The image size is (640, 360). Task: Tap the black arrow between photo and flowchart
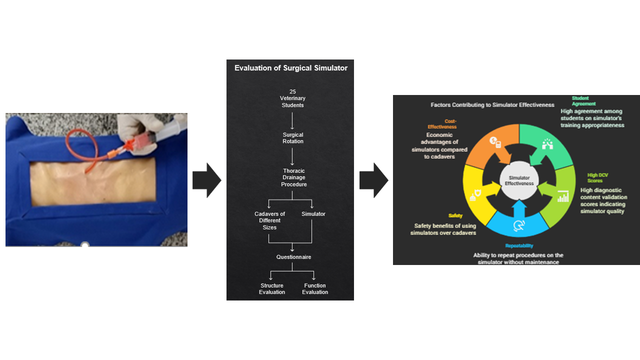tap(206, 180)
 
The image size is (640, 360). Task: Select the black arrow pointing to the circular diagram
tap(373, 180)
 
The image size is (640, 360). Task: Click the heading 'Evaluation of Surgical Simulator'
tap(290, 68)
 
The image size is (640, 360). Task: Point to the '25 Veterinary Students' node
tap(292, 98)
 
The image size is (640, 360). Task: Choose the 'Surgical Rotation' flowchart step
tap(292, 138)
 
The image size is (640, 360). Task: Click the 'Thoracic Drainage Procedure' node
tap(293, 177)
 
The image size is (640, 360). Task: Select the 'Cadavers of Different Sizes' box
tap(269, 220)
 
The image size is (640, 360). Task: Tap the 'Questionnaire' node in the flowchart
tap(293, 257)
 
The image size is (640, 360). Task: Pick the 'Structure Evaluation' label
tap(272, 289)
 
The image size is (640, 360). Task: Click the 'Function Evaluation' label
tap(315, 289)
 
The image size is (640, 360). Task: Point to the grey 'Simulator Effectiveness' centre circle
tap(519, 180)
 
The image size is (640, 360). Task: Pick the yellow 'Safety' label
tap(455, 215)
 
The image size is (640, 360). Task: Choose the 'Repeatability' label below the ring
tap(519, 245)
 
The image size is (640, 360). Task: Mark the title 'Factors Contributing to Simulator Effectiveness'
tap(492, 105)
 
